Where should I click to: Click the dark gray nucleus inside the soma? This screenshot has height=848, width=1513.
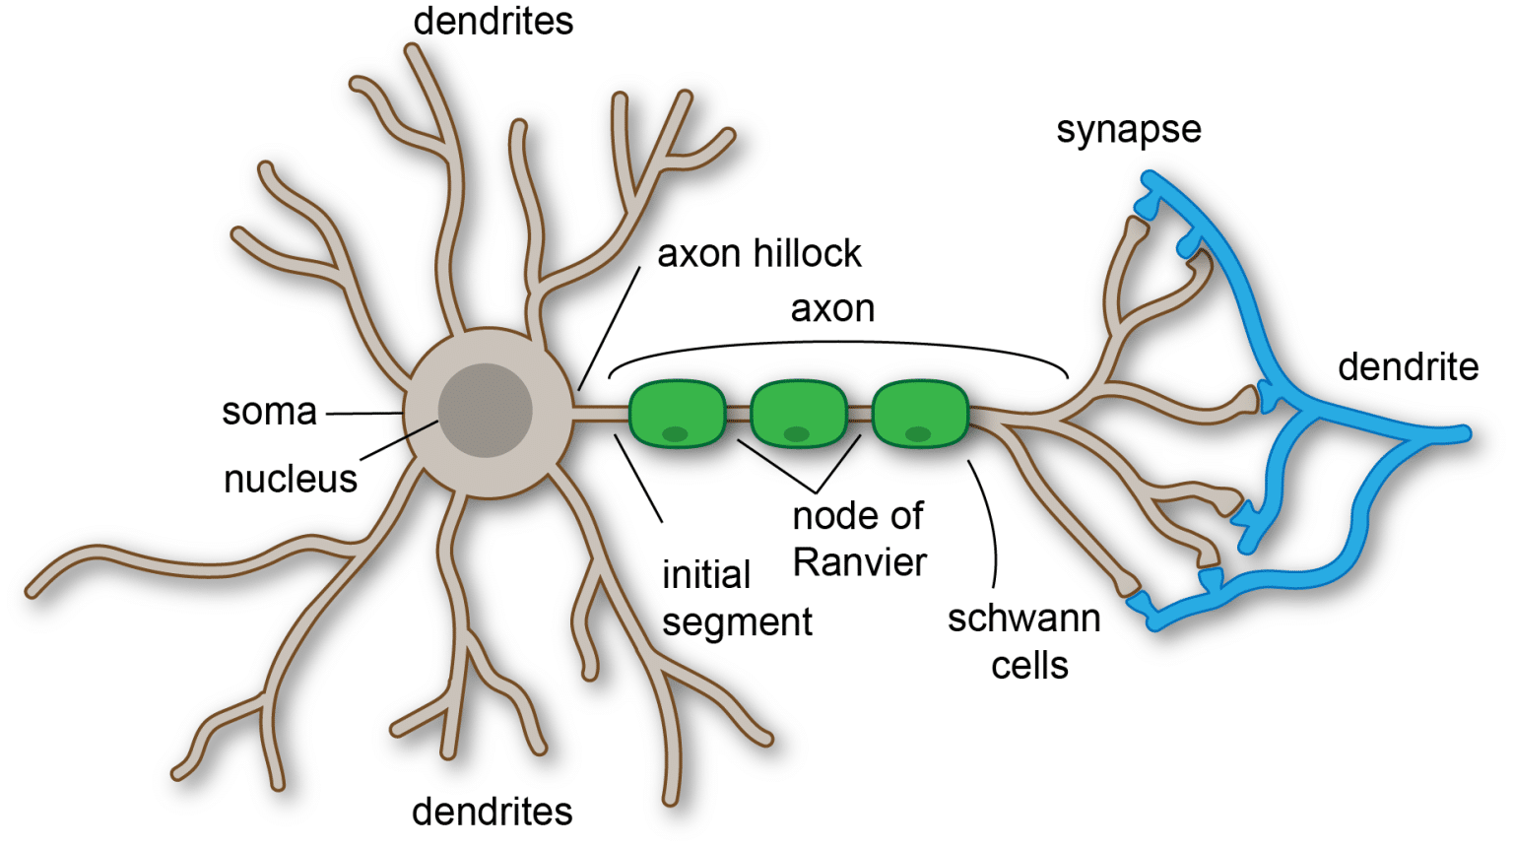[x=485, y=410]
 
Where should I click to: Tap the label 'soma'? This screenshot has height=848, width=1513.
[x=269, y=412]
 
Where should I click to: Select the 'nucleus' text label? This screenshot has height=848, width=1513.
[x=290, y=480]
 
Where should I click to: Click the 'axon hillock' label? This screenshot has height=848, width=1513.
[x=758, y=254]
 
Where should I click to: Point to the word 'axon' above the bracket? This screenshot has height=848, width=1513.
[x=832, y=309]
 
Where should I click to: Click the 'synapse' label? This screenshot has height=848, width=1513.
[x=1128, y=130]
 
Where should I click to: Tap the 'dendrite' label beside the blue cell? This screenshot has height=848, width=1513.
[x=1408, y=367]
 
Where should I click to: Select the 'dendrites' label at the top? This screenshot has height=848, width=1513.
[x=493, y=22]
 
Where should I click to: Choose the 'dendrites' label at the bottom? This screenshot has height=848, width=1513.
[x=492, y=813]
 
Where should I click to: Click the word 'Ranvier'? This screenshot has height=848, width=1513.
[x=860, y=563]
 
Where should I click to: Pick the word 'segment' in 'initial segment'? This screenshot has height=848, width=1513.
[x=737, y=622]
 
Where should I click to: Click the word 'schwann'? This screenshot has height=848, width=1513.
[x=1023, y=619]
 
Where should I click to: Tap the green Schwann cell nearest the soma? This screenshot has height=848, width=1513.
[x=677, y=414]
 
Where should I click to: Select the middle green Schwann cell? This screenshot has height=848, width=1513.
[x=798, y=414]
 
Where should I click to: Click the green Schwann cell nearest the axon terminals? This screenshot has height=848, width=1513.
[x=920, y=414]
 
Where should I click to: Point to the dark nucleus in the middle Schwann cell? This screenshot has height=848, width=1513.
[x=796, y=434]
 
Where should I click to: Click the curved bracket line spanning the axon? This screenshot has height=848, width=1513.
[x=837, y=343]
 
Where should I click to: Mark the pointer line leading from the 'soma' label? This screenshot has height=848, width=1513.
[x=364, y=414]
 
